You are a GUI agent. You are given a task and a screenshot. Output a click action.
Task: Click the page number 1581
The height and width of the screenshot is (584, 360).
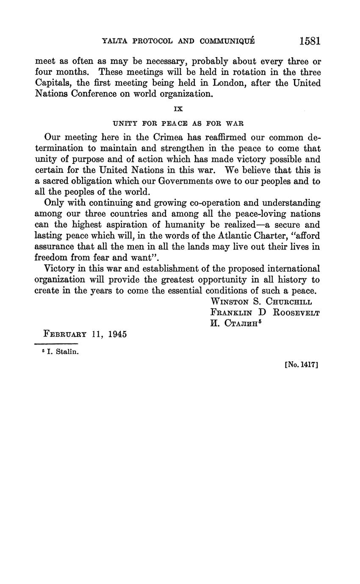tap(310, 41)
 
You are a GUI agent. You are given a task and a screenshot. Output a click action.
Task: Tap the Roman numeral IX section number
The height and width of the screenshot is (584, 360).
tap(178, 109)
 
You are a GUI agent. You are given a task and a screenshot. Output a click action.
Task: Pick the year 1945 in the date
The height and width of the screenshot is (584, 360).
tap(117, 334)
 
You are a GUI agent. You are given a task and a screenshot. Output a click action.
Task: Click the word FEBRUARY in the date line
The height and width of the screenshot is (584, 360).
tap(65, 334)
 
